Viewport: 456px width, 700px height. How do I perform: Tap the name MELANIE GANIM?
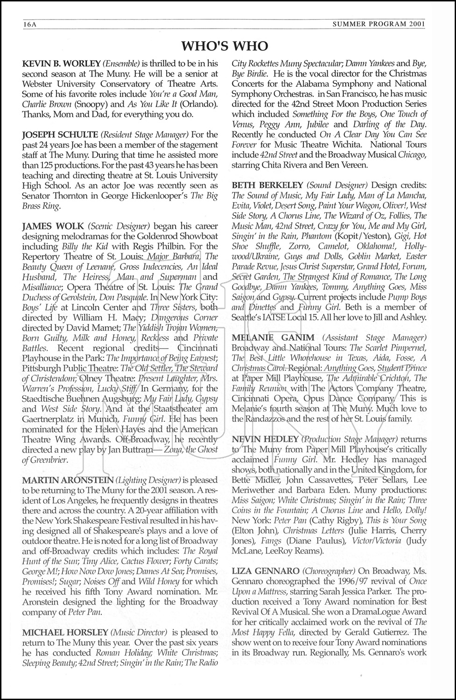268,337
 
